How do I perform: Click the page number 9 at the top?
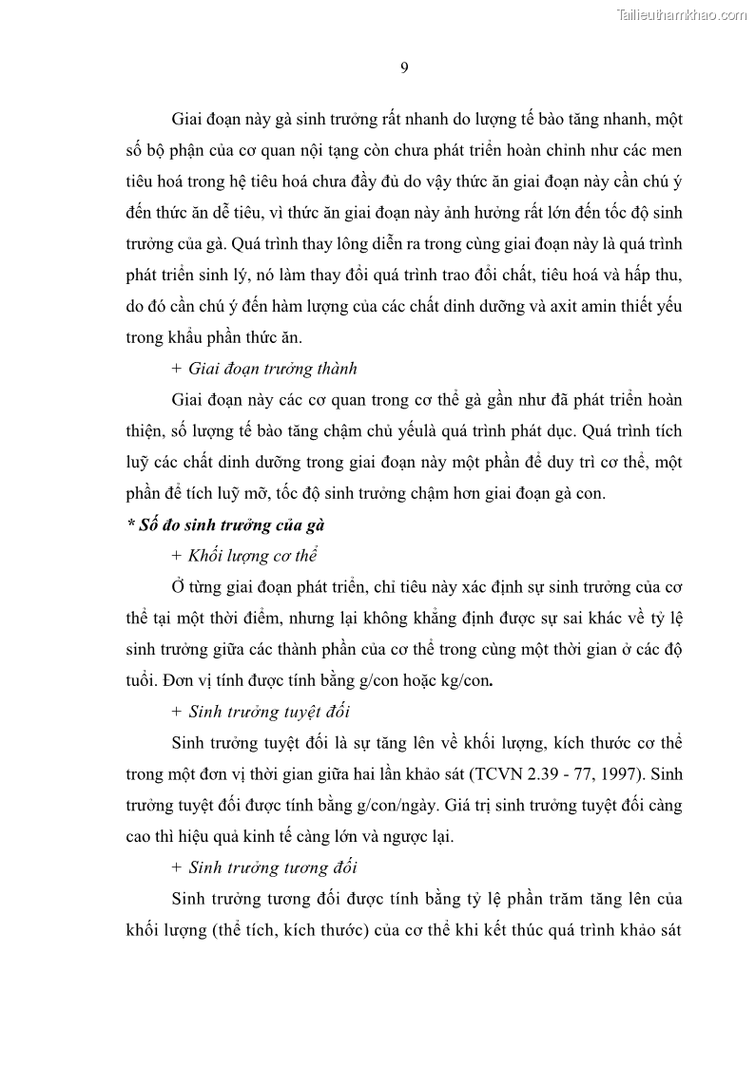404,67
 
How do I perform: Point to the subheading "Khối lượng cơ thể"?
252,556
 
